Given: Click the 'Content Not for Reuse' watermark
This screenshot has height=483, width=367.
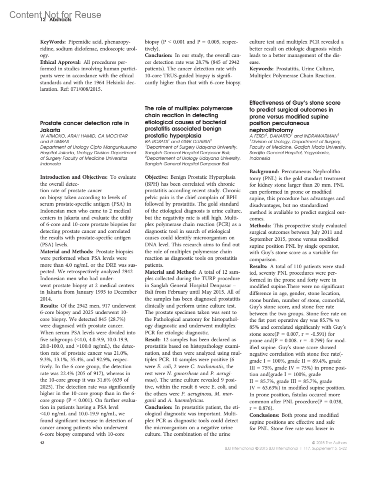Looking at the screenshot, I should pyautogui.click(x=55, y=14).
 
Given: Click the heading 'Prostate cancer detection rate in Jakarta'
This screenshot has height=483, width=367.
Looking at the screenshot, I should pyautogui.click(x=84, y=126).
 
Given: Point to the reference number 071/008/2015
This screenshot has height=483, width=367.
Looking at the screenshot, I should pyautogui.click(x=87, y=89).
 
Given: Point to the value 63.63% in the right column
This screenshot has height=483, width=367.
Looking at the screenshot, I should pyautogui.click(x=265, y=388).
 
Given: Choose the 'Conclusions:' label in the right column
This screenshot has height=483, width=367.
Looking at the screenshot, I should pyautogui.click(x=264, y=415).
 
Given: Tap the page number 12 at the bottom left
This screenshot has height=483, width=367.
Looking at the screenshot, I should pyautogui.click(x=43, y=443).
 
